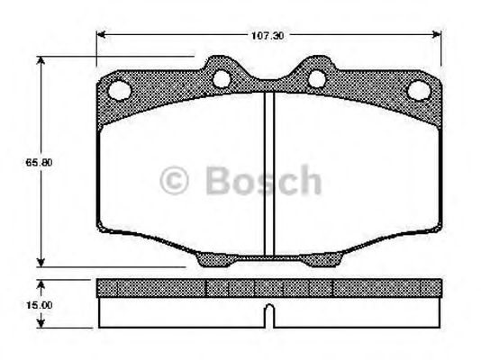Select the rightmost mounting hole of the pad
point(417,90)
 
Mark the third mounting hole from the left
point(316,79)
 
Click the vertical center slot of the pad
point(268,171)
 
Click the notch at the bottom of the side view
point(268,315)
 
